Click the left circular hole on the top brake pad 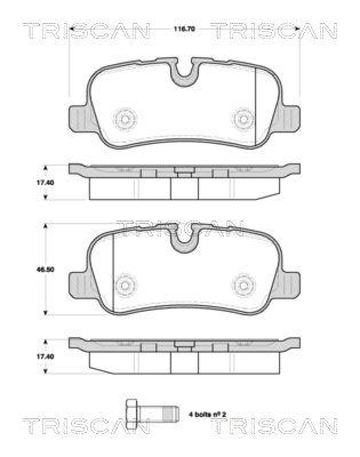click(124, 119)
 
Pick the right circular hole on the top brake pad click(244, 119)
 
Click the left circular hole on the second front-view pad click(124, 283)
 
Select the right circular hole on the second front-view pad click(244, 283)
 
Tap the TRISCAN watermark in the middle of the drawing click(180, 228)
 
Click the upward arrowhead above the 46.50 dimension click(46, 227)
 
